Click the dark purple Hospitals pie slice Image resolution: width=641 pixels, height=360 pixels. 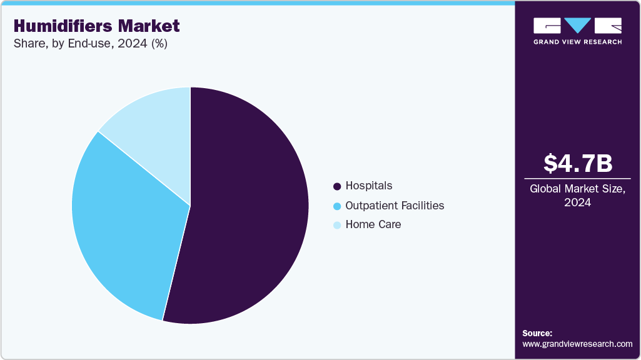250,212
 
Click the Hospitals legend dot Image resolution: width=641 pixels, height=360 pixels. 338,186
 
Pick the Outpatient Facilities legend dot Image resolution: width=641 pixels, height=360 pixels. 338,206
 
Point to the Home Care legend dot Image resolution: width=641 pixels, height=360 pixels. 338,225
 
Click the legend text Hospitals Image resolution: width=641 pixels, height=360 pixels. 369,186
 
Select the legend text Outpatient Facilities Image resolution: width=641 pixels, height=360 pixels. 395,205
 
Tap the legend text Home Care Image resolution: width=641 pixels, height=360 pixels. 373,224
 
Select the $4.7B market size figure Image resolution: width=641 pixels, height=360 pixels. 577,164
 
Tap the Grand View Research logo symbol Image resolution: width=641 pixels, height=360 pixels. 577,26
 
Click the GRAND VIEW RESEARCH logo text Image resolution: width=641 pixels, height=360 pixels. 577,42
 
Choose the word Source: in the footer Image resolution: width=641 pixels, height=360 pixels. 537,333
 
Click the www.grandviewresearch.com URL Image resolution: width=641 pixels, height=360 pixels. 577,344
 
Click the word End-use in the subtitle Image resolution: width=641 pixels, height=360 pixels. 92,44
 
